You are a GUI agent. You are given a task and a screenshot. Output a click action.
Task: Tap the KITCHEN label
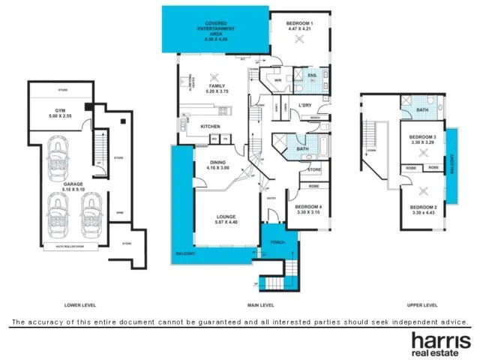coord(210,126)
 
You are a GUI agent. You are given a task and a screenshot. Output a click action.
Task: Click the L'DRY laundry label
coord(304,105)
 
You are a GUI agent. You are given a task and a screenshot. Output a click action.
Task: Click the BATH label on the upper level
coord(422,110)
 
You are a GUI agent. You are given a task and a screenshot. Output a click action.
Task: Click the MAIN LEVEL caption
coord(260,305)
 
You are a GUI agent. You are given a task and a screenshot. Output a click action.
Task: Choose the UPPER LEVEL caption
coord(421,305)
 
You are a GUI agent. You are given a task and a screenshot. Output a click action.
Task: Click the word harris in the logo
coord(439,338)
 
